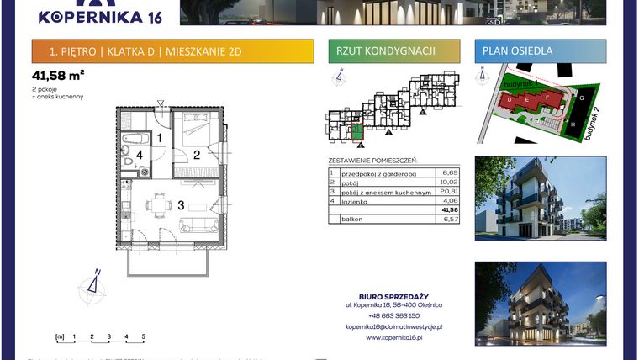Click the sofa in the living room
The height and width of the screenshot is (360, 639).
(x=199, y=224)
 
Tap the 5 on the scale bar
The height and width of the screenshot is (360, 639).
(x=144, y=336)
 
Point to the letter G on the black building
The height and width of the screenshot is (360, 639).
(x=582, y=97)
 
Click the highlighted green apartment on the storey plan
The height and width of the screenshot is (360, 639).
(x=357, y=130)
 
